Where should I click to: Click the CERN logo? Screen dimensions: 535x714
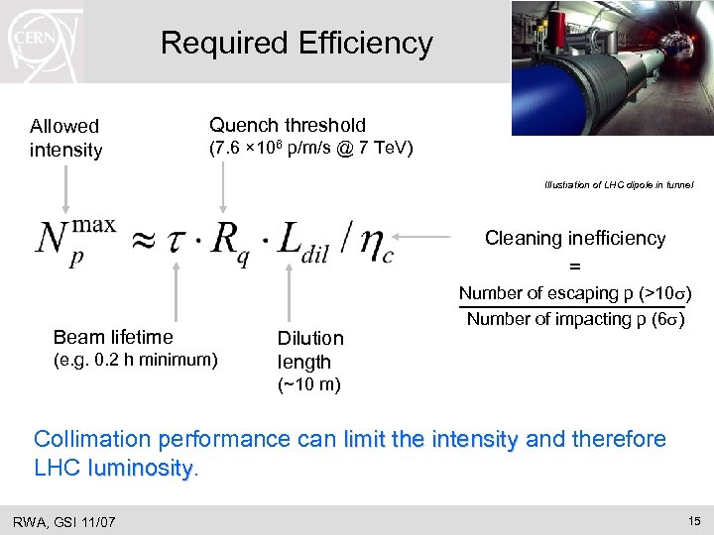[41, 41]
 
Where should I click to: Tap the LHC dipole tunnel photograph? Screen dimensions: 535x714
[612, 67]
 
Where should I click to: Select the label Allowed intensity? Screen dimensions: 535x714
[65, 138]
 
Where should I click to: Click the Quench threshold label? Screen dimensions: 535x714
[287, 125]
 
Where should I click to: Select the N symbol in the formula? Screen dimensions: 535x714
[56, 241]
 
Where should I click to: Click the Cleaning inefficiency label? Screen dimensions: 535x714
[574, 238]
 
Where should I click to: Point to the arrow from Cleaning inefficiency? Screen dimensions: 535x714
[426, 238]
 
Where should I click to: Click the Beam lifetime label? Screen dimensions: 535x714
[113, 338]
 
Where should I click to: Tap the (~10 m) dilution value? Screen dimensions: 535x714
[308, 385]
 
